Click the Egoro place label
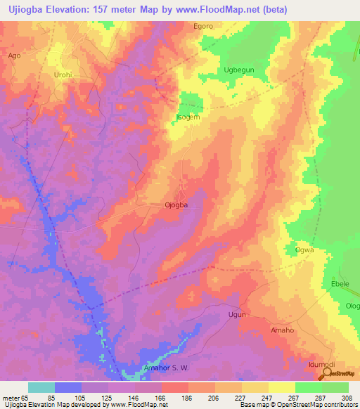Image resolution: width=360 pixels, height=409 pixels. coord(203,26)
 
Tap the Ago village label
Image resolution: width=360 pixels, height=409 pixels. coord(14,54)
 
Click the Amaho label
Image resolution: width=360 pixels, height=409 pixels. coord(281,330)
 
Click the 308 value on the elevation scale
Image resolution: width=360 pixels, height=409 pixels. coord(347,397)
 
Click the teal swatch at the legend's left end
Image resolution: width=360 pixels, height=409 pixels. coord(41,387)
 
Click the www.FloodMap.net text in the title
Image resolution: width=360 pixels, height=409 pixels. coord(203,8)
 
